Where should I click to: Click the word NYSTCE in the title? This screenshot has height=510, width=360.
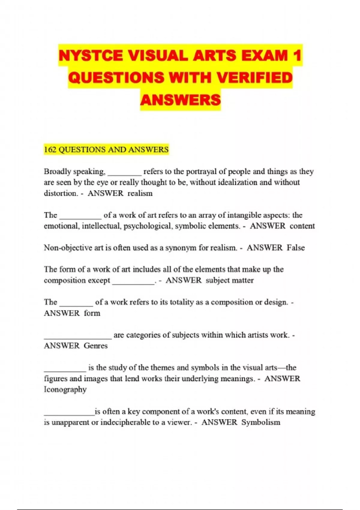91,55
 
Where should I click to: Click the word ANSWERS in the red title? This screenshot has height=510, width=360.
180,100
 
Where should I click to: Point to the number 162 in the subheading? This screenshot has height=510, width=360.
50,149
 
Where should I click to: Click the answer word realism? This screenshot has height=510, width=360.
140,193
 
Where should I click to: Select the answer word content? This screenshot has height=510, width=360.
302,226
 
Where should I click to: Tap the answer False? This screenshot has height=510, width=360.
296,248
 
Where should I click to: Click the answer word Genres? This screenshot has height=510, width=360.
96,346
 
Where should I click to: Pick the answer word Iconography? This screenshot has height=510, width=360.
65,389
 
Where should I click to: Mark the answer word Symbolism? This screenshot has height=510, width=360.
261,422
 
